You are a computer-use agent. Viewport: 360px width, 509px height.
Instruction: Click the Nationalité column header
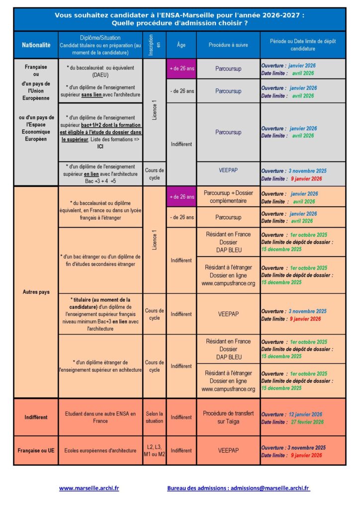(36, 45)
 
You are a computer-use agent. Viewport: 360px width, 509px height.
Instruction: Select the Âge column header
(181, 45)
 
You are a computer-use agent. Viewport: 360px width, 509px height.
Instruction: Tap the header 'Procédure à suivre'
(228, 45)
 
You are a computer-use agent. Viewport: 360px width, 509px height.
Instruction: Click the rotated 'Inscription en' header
(154, 45)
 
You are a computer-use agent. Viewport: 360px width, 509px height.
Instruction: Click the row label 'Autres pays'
(36, 292)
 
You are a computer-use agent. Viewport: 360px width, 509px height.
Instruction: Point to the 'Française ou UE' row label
(36, 451)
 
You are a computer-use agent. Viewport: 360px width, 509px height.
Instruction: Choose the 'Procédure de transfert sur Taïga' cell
(228, 417)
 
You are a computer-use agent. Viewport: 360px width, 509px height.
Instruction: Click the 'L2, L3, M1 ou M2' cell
(154, 451)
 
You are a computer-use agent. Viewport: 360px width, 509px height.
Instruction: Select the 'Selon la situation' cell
(154, 417)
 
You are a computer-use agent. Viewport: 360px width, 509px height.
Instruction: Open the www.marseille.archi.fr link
(89, 488)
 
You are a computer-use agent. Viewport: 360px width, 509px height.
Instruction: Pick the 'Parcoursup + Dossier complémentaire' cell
(228, 197)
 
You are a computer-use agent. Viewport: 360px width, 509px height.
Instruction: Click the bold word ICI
(100, 147)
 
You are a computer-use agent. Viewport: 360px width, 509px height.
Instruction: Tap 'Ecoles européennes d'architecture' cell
(100, 451)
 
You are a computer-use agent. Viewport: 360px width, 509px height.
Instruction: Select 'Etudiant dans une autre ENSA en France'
(100, 417)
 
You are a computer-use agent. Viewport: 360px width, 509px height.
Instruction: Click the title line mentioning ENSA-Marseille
(180, 15)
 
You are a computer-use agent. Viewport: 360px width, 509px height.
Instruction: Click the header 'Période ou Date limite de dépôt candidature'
(303, 45)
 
